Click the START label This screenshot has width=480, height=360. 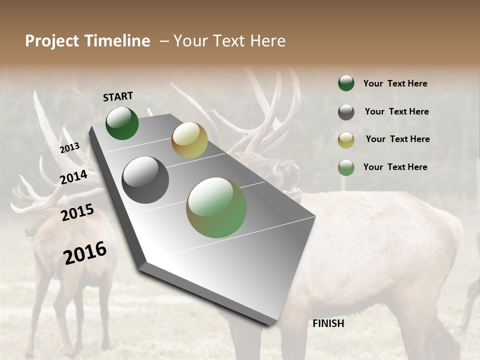[x=118, y=96]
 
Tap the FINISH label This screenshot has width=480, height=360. [x=328, y=323]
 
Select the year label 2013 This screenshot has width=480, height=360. [x=69, y=148]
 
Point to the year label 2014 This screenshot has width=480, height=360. [x=73, y=177]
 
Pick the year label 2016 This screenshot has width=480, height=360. [x=85, y=253]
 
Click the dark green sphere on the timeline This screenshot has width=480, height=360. [x=122, y=123]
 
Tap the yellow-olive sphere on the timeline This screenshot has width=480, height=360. [x=189, y=140]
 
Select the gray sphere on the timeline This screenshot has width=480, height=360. [x=145, y=180]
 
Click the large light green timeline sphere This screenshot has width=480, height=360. [x=216, y=207]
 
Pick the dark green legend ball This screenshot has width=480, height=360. [x=346, y=83]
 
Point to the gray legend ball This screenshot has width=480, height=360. [x=346, y=112]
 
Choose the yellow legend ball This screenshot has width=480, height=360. [x=346, y=140]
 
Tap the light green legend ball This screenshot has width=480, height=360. [x=346, y=167]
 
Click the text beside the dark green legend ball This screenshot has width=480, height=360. [x=395, y=83]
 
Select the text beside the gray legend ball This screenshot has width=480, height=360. [x=396, y=111]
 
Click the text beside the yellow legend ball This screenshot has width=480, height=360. [x=397, y=139]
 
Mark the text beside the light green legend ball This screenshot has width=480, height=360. [x=395, y=167]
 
